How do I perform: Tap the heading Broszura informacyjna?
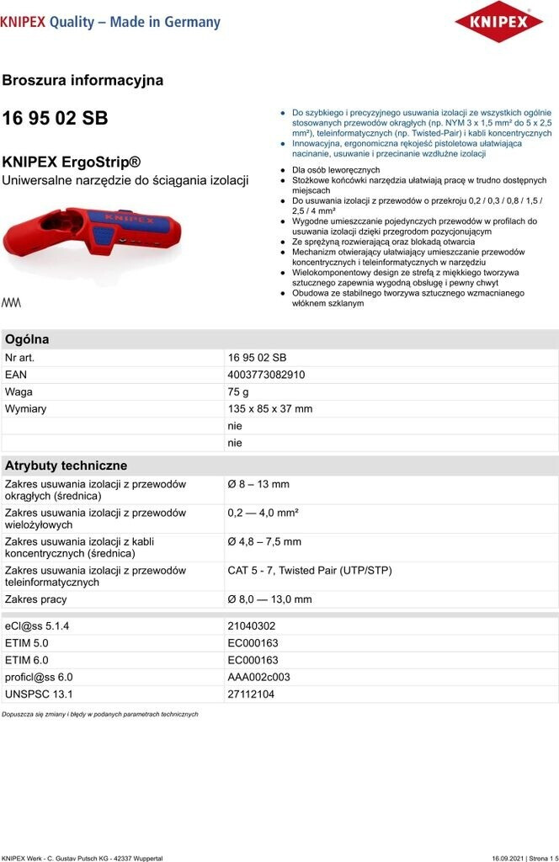pyautogui.click(x=83, y=81)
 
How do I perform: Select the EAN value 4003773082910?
pyautogui.click(x=266, y=375)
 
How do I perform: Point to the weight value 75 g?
pyautogui.click(x=238, y=391)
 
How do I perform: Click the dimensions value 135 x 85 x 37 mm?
pyautogui.click(x=269, y=408)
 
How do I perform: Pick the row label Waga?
pyautogui.click(x=19, y=391)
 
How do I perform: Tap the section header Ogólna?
pyautogui.click(x=27, y=339)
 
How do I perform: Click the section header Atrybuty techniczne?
pyautogui.click(x=66, y=466)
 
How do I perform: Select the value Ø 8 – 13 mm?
pyautogui.click(x=258, y=484)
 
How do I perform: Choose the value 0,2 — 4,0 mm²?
pyautogui.click(x=263, y=513)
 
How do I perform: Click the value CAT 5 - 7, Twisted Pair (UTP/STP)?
pyautogui.click(x=310, y=570)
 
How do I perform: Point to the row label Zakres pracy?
pyautogui.click(x=35, y=599)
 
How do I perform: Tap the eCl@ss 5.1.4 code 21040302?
pyautogui.click(x=251, y=626)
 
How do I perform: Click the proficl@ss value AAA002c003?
pyautogui.click(x=258, y=677)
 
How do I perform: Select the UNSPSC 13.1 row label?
pyautogui.click(x=39, y=694)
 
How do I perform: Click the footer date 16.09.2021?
pyautogui.click(x=508, y=857)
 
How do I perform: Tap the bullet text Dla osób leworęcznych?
pyautogui.click(x=336, y=170)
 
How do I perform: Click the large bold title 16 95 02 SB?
pyautogui.click(x=55, y=119)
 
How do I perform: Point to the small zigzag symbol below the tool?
pyautogui.click(x=12, y=302)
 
